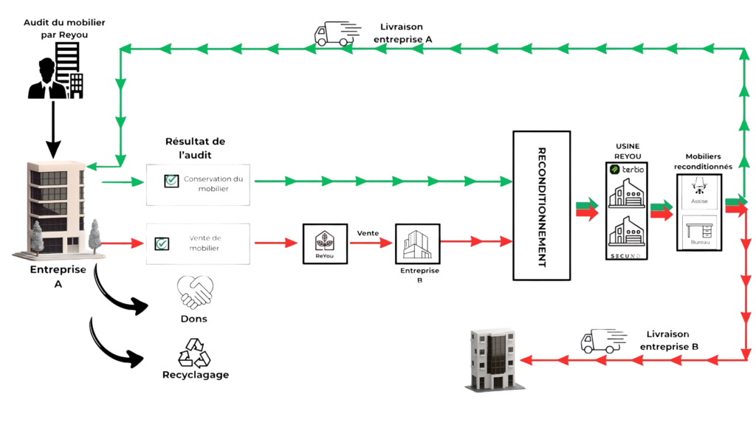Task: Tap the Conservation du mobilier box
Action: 198,184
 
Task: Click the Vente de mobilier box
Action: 198,243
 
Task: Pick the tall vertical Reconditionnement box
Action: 542,204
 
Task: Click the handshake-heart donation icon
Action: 195,293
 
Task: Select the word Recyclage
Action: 195,375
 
